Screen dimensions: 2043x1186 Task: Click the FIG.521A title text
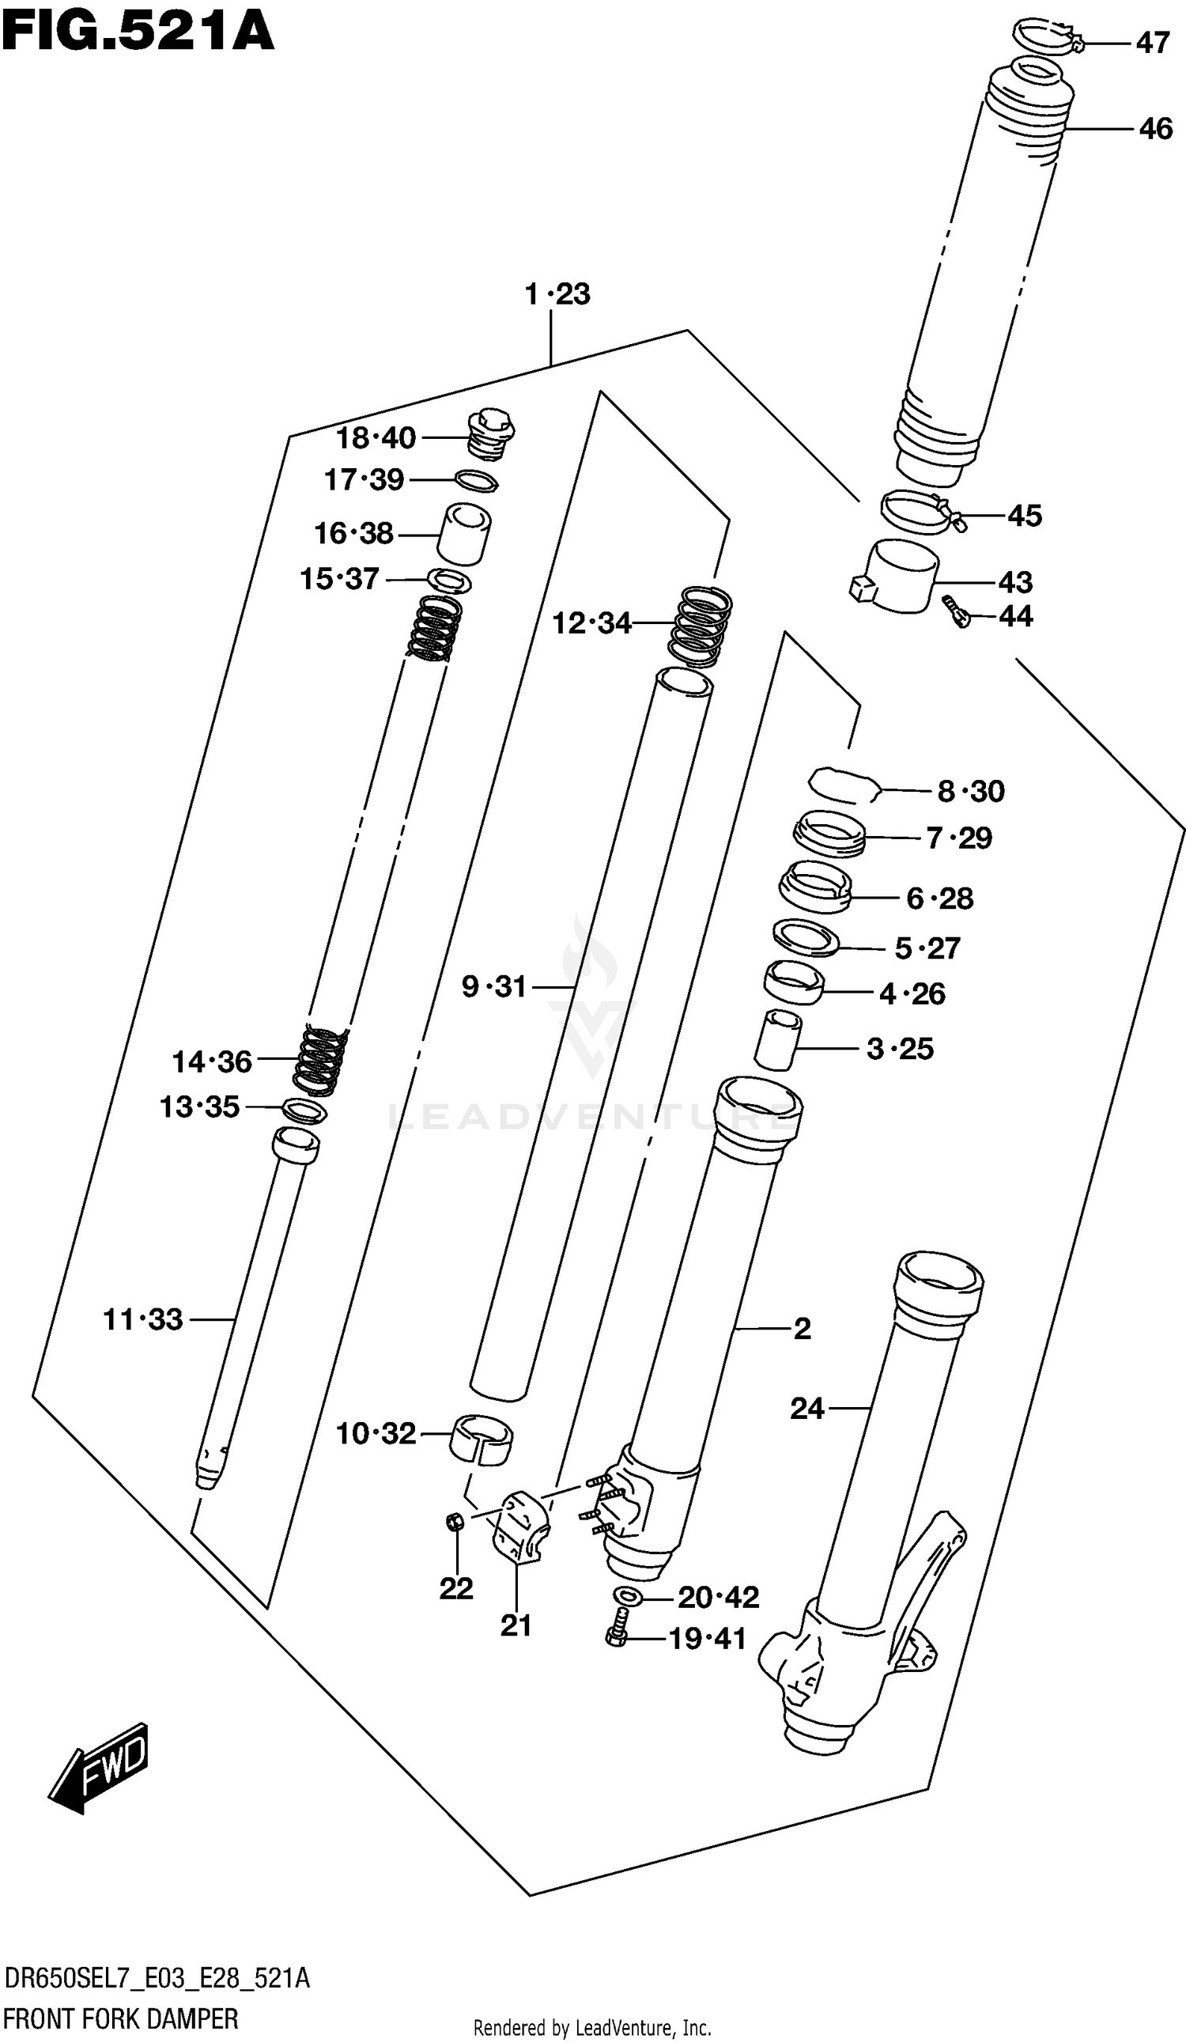click(x=138, y=32)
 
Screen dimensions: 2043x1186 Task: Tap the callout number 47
click(x=1152, y=42)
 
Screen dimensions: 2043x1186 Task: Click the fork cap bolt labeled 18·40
click(x=491, y=435)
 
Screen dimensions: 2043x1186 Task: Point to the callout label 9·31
click(x=493, y=986)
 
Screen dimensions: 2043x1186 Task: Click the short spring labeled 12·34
click(x=700, y=625)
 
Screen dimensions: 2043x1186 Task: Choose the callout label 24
click(x=806, y=1408)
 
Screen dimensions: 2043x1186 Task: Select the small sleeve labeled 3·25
click(x=776, y=1041)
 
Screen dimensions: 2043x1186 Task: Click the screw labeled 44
click(x=957, y=612)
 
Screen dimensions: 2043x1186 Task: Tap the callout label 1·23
click(x=557, y=293)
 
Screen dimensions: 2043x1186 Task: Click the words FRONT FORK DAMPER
click(x=121, y=2018)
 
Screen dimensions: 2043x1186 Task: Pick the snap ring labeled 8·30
click(x=843, y=785)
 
